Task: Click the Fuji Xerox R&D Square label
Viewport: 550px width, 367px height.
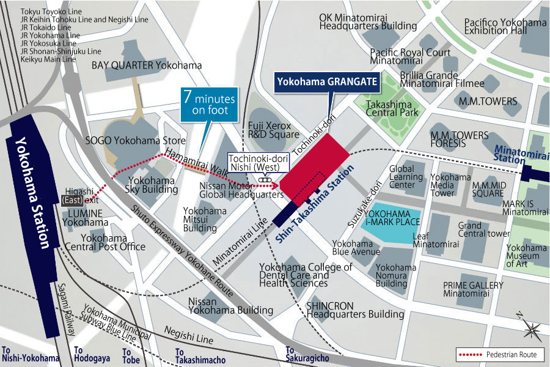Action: click(x=273, y=130)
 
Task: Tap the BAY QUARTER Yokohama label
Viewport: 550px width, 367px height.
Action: click(x=147, y=65)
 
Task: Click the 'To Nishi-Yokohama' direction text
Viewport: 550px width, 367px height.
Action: click(x=31, y=355)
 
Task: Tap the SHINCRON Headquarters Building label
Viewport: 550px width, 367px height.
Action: click(x=354, y=310)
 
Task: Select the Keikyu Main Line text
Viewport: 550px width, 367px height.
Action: click(x=48, y=59)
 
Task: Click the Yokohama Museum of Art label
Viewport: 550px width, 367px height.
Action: click(x=526, y=256)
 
